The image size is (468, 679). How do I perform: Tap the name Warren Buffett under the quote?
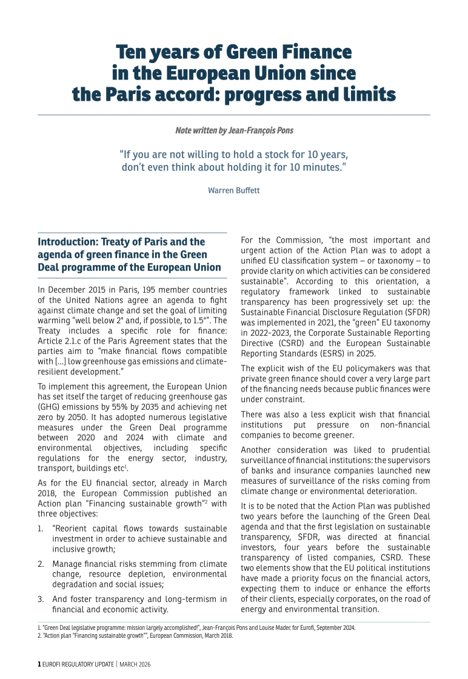[234, 190]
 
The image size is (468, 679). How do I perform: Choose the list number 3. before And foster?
[40, 599]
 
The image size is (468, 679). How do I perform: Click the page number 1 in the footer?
[39, 664]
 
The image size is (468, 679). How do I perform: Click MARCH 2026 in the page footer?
[135, 664]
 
